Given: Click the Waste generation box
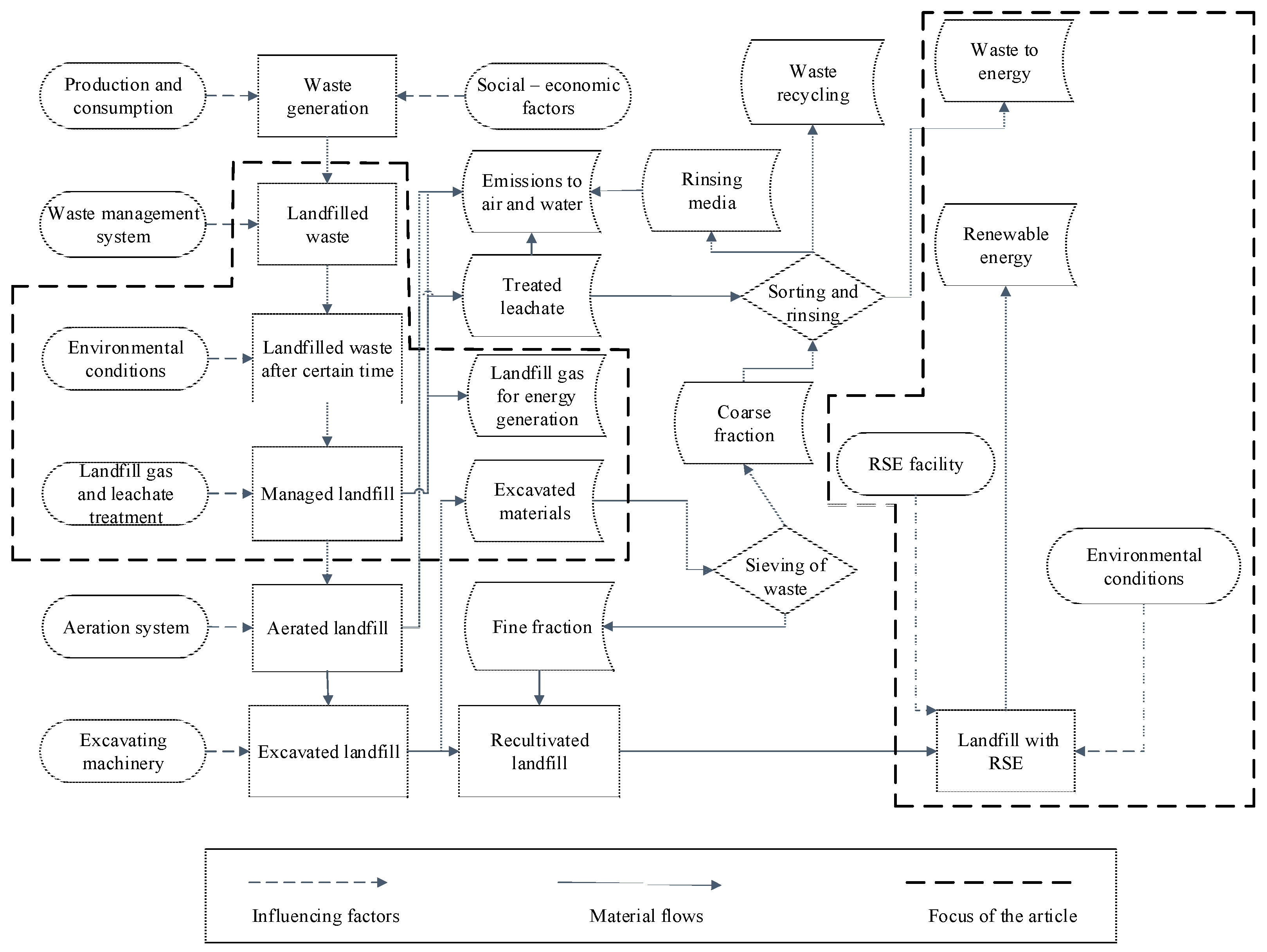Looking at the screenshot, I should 327,96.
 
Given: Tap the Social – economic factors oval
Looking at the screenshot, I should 548,96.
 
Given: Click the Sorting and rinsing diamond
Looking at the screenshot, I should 812,297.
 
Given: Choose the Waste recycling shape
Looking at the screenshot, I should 812,82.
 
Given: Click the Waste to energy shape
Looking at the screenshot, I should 1004,61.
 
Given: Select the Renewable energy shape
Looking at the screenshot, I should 1005,245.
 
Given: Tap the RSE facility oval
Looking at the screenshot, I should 915,464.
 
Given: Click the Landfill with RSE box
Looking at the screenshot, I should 1005,751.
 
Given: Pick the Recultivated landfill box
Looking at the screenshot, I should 539,751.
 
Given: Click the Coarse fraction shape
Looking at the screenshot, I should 743,423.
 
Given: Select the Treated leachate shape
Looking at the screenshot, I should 531,296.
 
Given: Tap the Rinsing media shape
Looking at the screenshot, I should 711,190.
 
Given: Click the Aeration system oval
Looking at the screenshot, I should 126,627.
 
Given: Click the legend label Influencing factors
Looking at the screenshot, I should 325,915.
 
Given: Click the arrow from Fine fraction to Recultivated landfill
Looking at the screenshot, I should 539,688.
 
